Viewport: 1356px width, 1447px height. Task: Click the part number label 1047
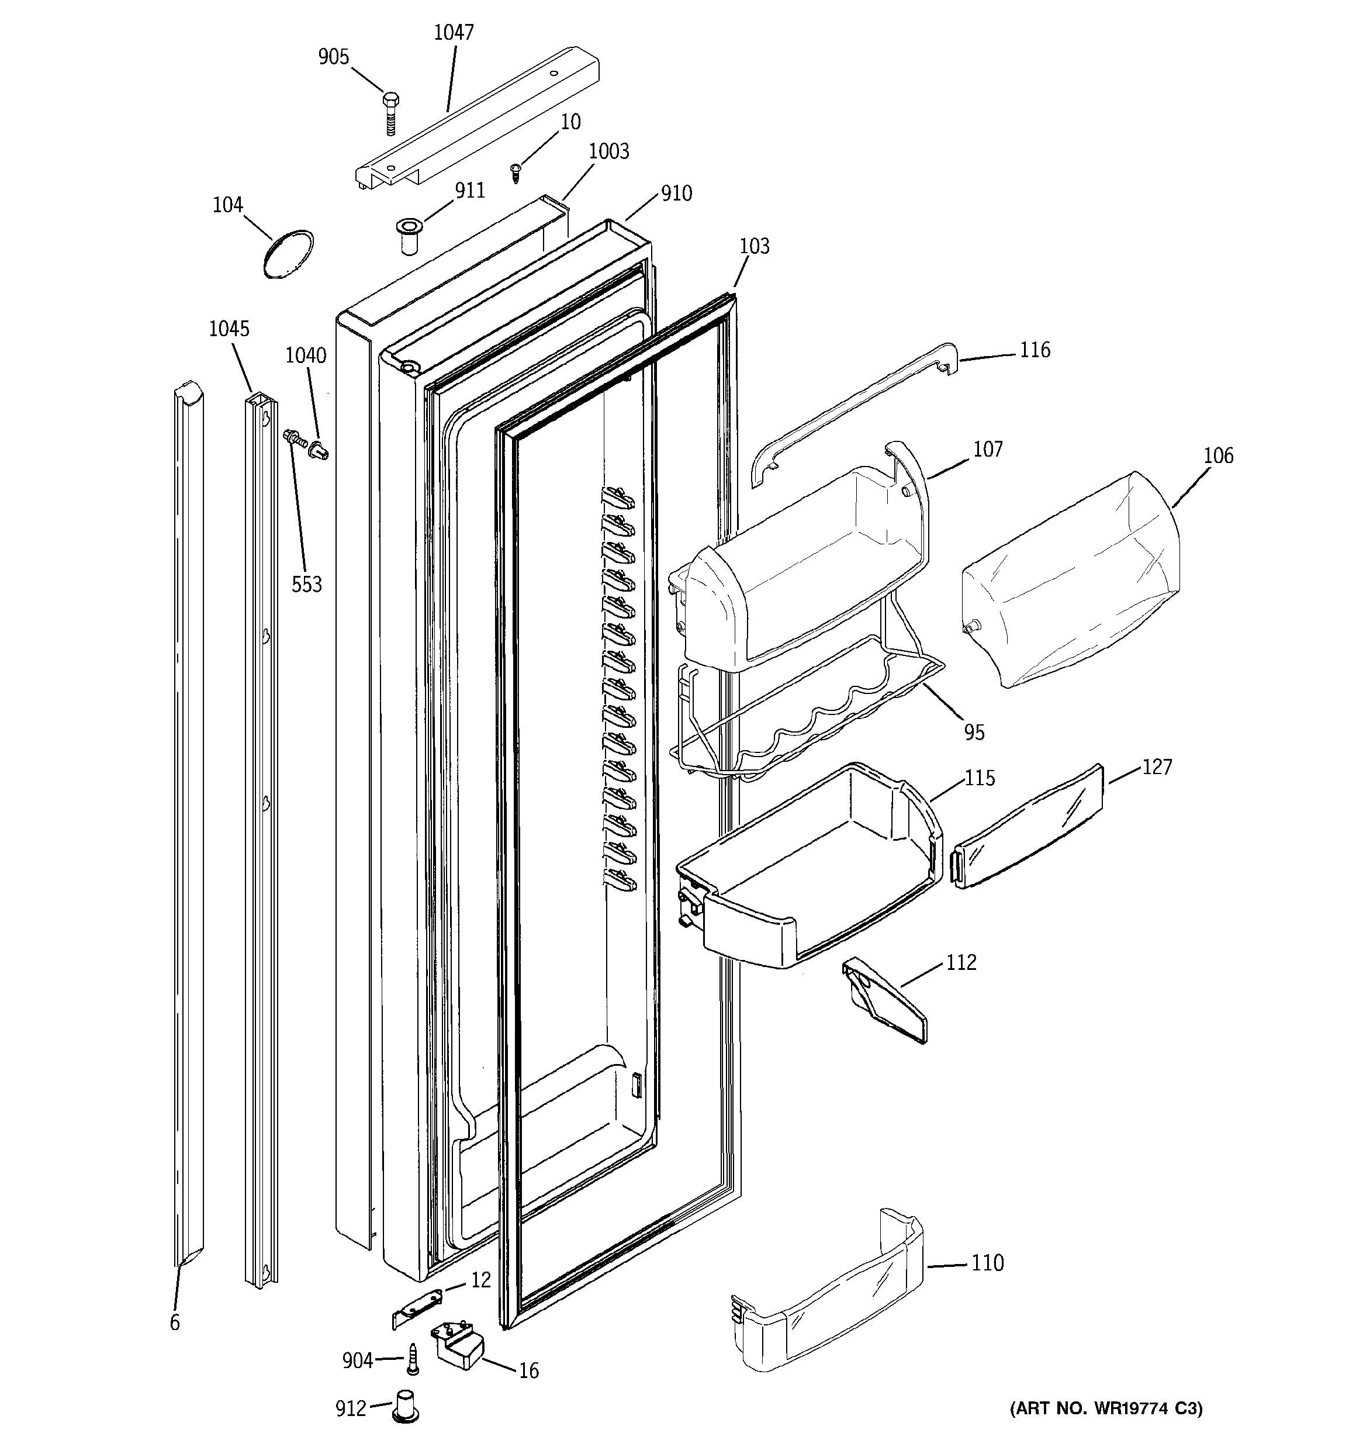(454, 32)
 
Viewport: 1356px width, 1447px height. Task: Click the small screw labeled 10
(516, 172)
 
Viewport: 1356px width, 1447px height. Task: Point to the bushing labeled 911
(407, 235)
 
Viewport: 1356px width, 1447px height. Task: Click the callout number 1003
(608, 151)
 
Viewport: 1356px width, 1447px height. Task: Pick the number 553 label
(306, 583)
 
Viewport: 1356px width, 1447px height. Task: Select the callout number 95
(974, 732)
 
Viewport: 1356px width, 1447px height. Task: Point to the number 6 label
(175, 1322)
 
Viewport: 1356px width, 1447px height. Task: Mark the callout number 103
(754, 246)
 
